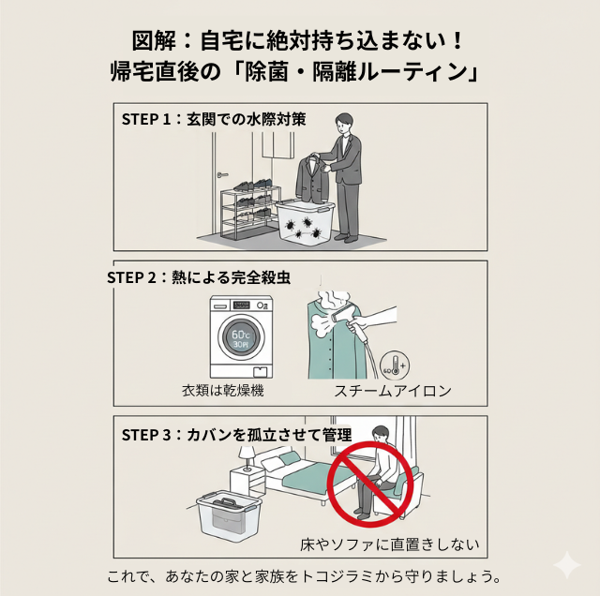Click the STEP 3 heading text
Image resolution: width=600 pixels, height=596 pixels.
[x=236, y=435]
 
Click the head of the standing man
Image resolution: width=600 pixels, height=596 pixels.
[x=345, y=123]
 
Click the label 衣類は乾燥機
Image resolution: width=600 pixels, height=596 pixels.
[x=222, y=390]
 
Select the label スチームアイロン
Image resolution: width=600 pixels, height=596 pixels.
[x=393, y=391]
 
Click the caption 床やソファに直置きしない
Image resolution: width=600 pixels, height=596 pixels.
[x=389, y=544]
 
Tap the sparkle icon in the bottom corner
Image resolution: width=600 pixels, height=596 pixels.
[x=566, y=565]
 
